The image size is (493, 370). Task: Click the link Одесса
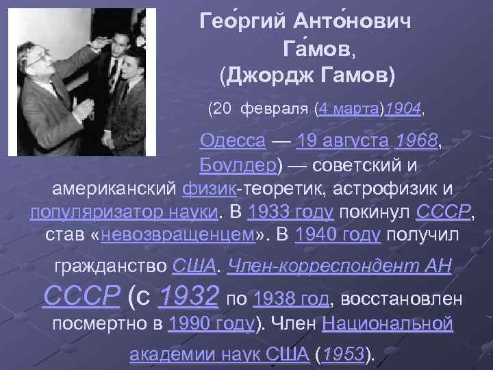233,143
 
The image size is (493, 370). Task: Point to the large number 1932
188,297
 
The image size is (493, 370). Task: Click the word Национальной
387,323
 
